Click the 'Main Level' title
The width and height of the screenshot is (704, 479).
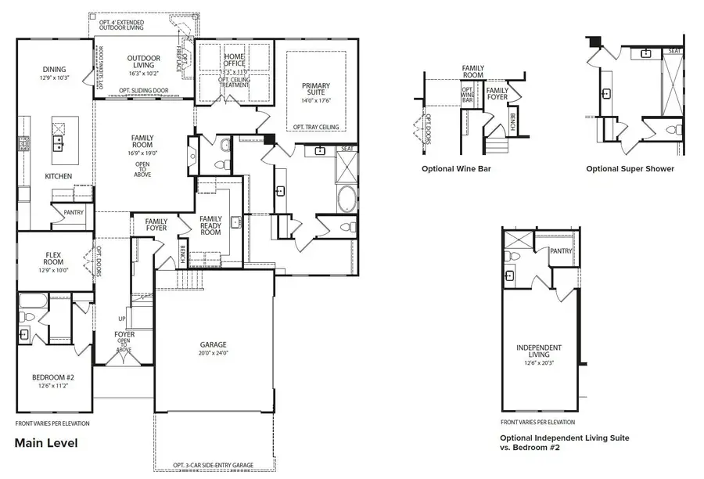(46, 443)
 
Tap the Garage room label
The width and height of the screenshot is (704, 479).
(213, 344)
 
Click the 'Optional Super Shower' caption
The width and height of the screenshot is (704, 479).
(630, 168)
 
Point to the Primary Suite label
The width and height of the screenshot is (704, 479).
(316, 91)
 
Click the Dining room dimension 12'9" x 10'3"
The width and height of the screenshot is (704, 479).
(54, 77)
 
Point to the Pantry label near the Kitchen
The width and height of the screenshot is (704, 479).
(73, 212)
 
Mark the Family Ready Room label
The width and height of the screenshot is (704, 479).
(211, 225)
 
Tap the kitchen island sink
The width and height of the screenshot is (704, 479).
(58, 142)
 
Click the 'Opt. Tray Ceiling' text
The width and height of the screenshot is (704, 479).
(316, 127)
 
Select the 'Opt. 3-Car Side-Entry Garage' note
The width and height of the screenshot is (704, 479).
(214, 466)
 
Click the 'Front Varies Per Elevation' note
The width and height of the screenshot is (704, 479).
(52, 423)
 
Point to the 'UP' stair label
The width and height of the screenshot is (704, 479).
(120, 319)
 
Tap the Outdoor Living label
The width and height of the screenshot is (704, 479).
(144, 63)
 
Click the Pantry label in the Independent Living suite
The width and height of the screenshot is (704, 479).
(561, 251)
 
